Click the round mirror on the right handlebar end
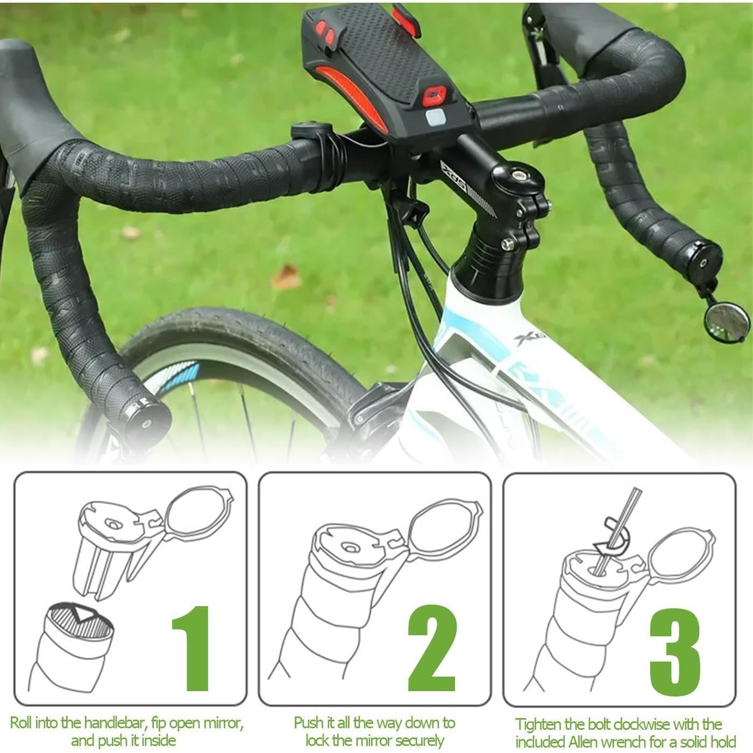726,323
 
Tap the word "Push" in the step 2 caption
309,722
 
